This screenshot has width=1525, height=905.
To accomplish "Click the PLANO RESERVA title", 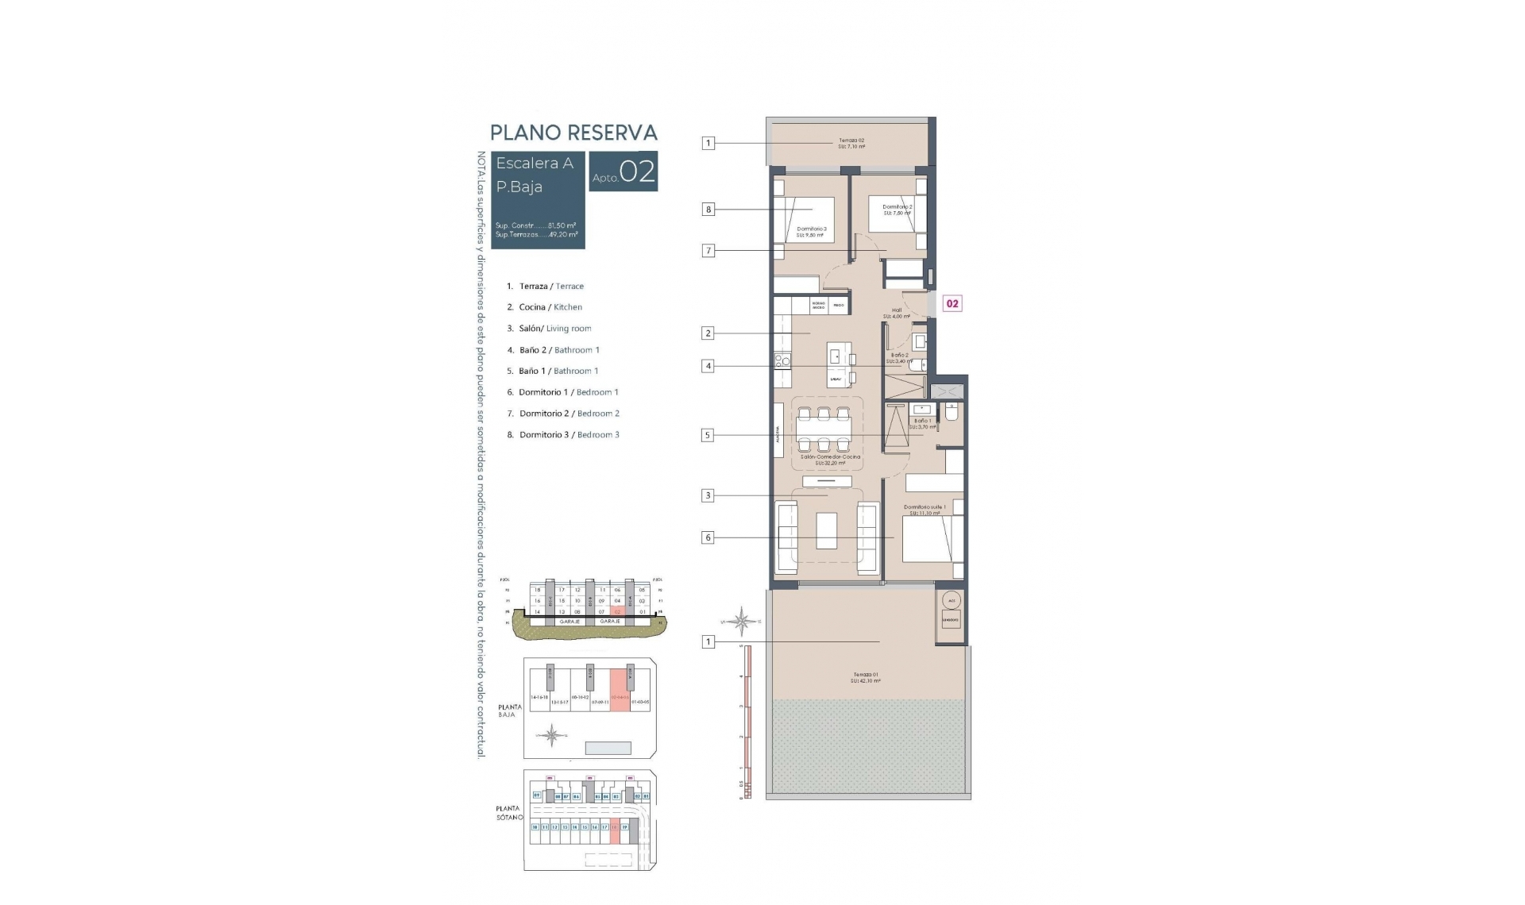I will [x=573, y=133].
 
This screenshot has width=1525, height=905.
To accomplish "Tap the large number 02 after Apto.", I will [x=637, y=171].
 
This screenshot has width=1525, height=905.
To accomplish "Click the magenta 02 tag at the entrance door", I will [x=952, y=303].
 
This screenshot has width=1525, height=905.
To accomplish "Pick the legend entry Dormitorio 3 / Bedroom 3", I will [x=569, y=435].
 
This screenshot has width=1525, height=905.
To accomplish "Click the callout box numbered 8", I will [x=708, y=210].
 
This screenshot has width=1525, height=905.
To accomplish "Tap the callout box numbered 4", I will [x=708, y=366].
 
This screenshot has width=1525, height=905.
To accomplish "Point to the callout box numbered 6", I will [x=708, y=537].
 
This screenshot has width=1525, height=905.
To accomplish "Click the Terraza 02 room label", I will [x=851, y=143].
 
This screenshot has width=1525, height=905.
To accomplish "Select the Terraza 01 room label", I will [x=865, y=677].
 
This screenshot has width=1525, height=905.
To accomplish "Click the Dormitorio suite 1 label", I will [x=925, y=510].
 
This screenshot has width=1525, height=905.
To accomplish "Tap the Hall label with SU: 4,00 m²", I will [x=897, y=313].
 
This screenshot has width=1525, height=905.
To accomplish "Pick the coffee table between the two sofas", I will [x=826, y=531].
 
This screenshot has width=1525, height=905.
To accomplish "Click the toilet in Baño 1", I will [x=952, y=412].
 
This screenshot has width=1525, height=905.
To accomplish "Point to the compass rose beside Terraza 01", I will [x=741, y=622].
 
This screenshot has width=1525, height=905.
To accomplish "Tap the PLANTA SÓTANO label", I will [x=508, y=812].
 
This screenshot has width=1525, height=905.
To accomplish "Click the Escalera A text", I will [x=535, y=164].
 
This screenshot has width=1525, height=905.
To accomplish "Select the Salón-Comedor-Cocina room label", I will [x=830, y=460].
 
